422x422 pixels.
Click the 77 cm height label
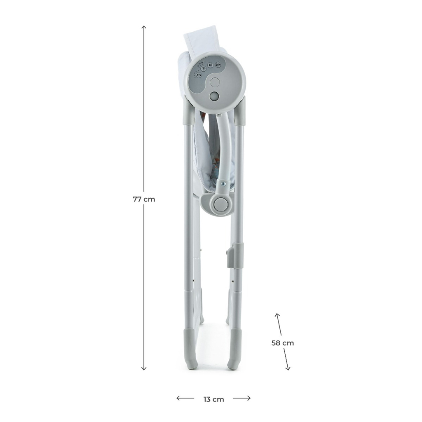(144, 199)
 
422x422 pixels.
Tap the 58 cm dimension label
(283, 342)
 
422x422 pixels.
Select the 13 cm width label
(213, 399)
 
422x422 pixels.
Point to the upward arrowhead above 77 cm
(144, 28)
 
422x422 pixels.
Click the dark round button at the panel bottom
(214, 96)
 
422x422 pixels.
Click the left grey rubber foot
(190, 348)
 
